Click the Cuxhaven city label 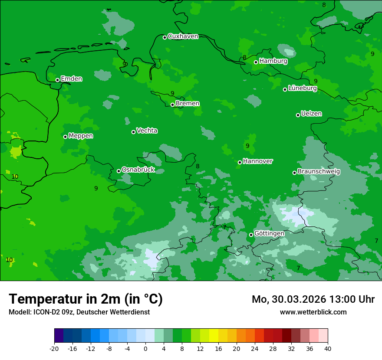coord(183,36)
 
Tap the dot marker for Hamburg coord(256,62)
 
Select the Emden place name coord(71,79)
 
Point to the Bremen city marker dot coord(172,105)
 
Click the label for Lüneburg coord(302,88)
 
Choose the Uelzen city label coord(311,114)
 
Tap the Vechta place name coord(147,131)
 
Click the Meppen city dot coord(65,137)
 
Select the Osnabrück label coord(138,170)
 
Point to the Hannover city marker coord(240,162)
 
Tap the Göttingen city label coord(269,233)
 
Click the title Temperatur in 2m coord(86,299)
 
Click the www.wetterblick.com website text coord(313,312)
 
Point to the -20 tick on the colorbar coord(54,348)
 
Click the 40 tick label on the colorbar coord(328,348)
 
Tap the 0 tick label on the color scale coord(145,348)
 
